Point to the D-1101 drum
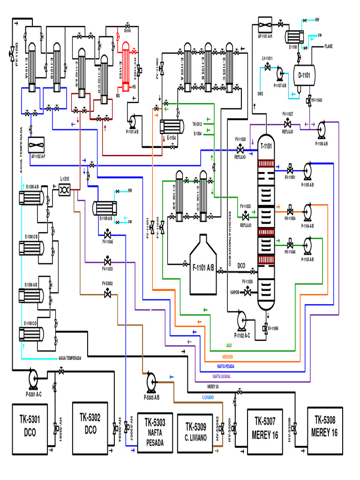click(304, 75)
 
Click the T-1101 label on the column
click(266, 147)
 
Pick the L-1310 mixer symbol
click(64, 188)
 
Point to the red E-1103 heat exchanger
click(126, 66)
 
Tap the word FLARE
click(328, 46)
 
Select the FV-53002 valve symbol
click(108, 293)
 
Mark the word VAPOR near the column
click(235, 292)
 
